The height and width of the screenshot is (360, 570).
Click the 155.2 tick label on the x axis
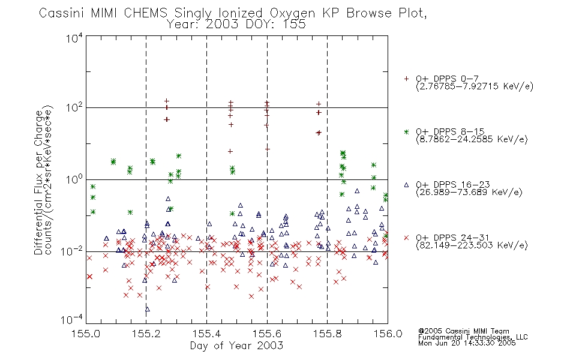pyautogui.click(x=146, y=334)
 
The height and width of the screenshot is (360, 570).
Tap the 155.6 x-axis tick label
pyautogui.click(x=267, y=334)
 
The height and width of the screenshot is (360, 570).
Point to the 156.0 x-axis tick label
pyautogui.click(x=388, y=334)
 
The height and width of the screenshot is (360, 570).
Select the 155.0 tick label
pyautogui.click(x=86, y=334)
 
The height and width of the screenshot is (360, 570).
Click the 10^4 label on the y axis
pyautogui.click(x=74, y=38)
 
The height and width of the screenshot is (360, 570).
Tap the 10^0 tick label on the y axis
pyautogui.click(x=74, y=179)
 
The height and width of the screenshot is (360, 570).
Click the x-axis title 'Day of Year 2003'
pyautogui.click(x=236, y=346)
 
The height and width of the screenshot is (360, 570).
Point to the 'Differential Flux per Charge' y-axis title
pyautogui.click(x=38, y=183)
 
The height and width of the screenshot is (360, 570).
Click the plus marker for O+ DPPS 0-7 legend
pyautogui.click(x=406, y=79)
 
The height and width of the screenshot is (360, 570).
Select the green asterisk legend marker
pyautogui.click(x=406, y=131)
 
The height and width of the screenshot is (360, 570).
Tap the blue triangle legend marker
pyautogui.click(x=406, y=185)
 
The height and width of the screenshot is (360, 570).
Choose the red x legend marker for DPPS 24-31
pyautogui.click(x=406, y=238)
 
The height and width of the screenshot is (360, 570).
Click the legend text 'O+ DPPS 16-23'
pyautogui.click(x=453, y=184)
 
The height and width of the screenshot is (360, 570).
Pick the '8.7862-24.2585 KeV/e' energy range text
pyautogui.click(x=472, y=139)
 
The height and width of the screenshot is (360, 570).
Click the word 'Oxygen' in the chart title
pyautogui.click(x=292, y=13)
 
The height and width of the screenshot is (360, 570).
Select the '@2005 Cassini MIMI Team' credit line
pyautogui.click(x=463, y=331)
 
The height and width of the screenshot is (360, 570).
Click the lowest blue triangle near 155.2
pyautogui.click(x=147, y=309)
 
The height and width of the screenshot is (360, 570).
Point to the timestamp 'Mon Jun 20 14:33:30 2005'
pyautogui.click(x=467, y=343)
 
